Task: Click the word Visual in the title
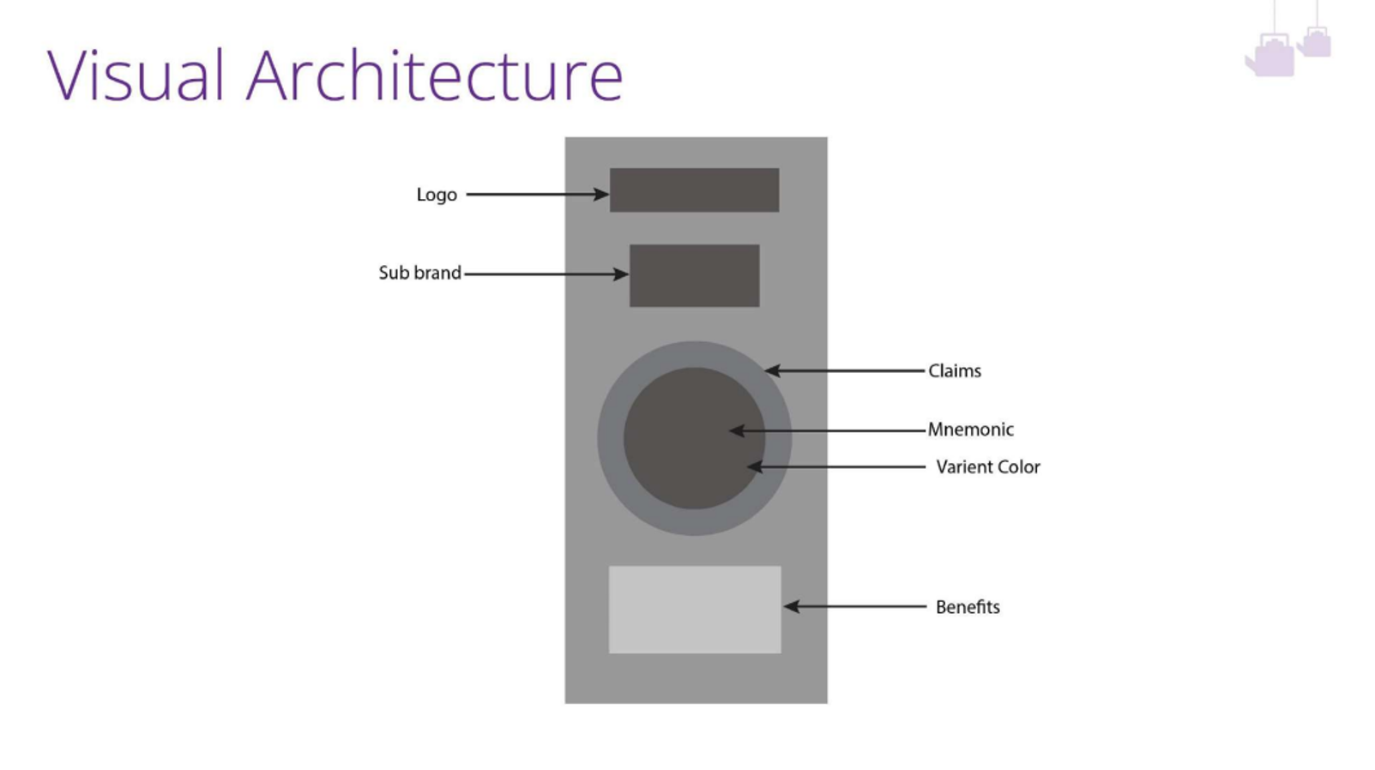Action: (136, 75)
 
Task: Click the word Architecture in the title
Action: (434, 75)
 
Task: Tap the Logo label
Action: (437, 195)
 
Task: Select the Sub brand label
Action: (419, 273)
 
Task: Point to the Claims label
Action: (954, 370)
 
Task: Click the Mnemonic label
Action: (970, 429)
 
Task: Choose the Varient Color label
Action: (987, 466)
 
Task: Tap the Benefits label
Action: (968, 606)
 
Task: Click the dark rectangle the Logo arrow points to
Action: (694, 189)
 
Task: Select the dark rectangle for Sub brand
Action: (694, 275)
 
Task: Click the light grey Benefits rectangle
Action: (694, 609)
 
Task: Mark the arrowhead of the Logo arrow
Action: (602, 195)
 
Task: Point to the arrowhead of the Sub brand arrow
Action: (621, 274)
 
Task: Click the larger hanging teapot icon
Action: (1271, 57)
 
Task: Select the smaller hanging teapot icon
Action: (1315, 41)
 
